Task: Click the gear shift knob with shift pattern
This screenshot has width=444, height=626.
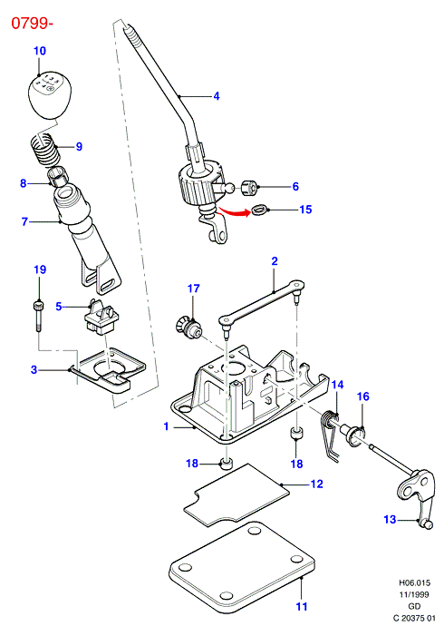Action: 46,95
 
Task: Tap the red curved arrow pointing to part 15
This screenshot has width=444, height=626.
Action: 236,211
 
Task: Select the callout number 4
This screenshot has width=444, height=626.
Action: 217,96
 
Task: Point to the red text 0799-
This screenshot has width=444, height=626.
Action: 32,24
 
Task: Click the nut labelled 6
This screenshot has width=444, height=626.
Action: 250,187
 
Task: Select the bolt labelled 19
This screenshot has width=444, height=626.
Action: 39,316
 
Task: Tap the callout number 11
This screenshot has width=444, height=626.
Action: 302,606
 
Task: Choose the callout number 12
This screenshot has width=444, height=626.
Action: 316,484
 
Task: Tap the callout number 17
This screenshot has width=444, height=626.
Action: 193,289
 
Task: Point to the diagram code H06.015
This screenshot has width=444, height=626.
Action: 414,582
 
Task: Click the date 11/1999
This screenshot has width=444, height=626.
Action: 414,595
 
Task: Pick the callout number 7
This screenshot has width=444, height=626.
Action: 24,221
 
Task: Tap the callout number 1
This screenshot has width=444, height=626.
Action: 166,426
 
